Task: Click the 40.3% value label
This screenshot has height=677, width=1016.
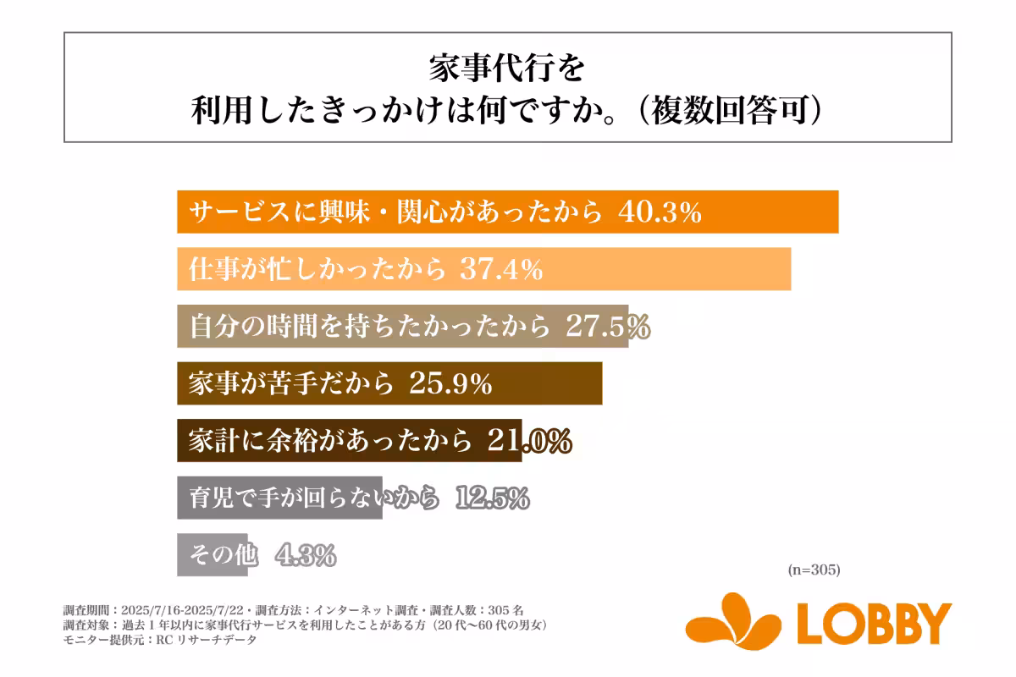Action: [x=660, y=212]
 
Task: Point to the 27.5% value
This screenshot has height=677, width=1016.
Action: [x=607, y=327]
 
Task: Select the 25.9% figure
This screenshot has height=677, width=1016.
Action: [x=450, y=384]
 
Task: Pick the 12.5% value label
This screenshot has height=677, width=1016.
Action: [x=492, y=498]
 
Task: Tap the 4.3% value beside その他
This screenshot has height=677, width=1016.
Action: [x=306, y=555]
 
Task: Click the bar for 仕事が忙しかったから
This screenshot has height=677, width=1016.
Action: [x=660, y=269]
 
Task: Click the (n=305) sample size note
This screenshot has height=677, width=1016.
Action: [x=813, y=570]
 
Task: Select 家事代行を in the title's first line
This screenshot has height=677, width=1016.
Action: [x=507, y=68]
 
